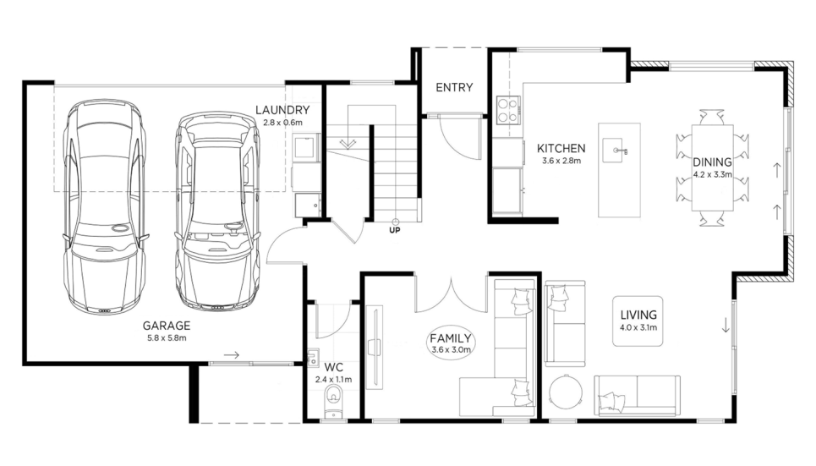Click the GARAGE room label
click(167, 326)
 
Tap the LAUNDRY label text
click(282, 110)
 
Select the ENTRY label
click(454, 87)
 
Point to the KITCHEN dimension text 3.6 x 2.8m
click(561, 161)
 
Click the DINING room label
click(712, 162)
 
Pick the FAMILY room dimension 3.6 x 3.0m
click(452, 350)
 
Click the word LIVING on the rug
click(638, 315)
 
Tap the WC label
click(333, 368)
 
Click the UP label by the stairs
click(395, 229)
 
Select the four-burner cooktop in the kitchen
click(508, 111)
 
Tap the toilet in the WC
click(333, 402)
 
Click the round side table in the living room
click(567, 392)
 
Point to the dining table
click(713, 167)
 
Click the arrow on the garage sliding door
click(232, 355)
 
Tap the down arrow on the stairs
click(347, 143)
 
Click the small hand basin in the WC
click(313, 357)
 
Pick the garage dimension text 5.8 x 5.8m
click(167, 338)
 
